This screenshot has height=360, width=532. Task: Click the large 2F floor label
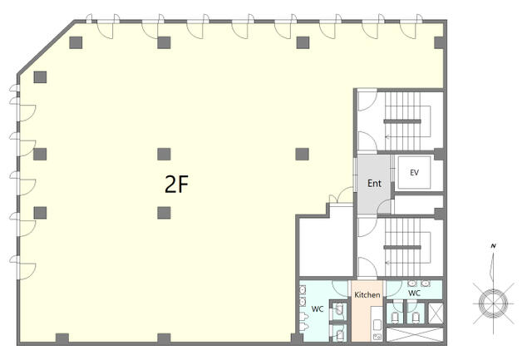pos(176,185)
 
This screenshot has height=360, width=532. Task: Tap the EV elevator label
pos(414,173)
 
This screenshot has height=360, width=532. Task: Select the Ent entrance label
pos(374,184)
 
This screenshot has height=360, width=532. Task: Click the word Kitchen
pos(367,295)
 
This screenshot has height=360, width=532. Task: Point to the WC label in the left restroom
pos(318,309)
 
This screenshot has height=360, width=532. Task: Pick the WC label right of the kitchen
pos(414,293)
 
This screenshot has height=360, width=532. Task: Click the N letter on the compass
pos(494,246)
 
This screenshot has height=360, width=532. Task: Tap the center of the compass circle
pos(493,303)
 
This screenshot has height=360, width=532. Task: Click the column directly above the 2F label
pos(164,155)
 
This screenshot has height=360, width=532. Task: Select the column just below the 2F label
pos(164,213)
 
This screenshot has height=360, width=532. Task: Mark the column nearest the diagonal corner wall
pos(40,77)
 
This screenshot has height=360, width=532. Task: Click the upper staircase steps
pos(402,121)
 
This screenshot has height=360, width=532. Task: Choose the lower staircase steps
pos(402,248)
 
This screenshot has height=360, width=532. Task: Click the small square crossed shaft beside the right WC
pos(436,313)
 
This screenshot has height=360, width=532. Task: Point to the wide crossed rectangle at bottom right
pos(415,335)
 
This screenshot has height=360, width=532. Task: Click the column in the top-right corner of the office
pos(440,42)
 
